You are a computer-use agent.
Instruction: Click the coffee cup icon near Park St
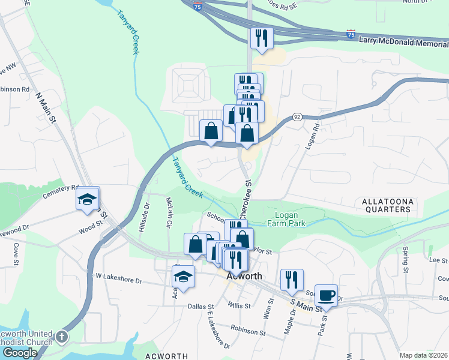(326, 295)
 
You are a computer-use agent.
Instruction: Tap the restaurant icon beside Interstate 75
(261, 38)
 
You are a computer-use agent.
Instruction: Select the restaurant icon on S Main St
(292, 280)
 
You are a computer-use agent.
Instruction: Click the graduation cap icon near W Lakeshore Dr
(184, 276)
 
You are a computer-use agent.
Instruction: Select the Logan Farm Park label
(291, 219)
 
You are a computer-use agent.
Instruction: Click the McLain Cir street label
(169, 212)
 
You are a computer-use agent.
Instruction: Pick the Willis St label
(238, 304)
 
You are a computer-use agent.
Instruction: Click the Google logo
(19, 353)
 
